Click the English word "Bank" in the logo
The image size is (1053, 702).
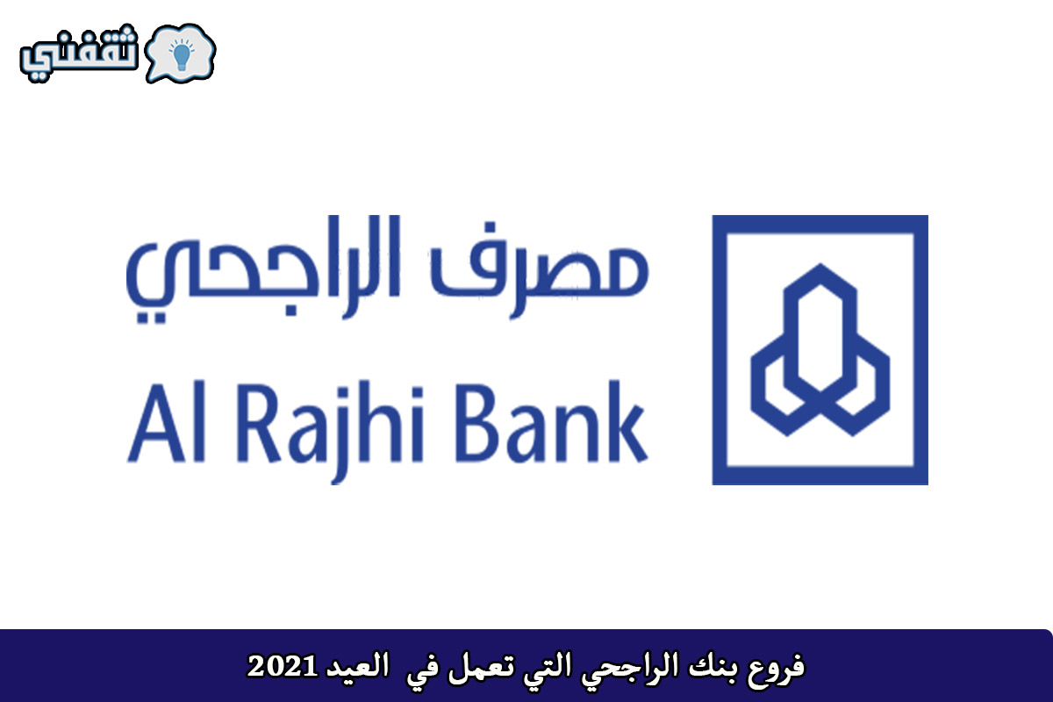(551, 422)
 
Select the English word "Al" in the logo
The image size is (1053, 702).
(167, 423)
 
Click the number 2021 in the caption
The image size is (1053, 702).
(282, 667)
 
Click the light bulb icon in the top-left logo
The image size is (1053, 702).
(182, 54)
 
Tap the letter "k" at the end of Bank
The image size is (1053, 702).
(627, 422)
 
